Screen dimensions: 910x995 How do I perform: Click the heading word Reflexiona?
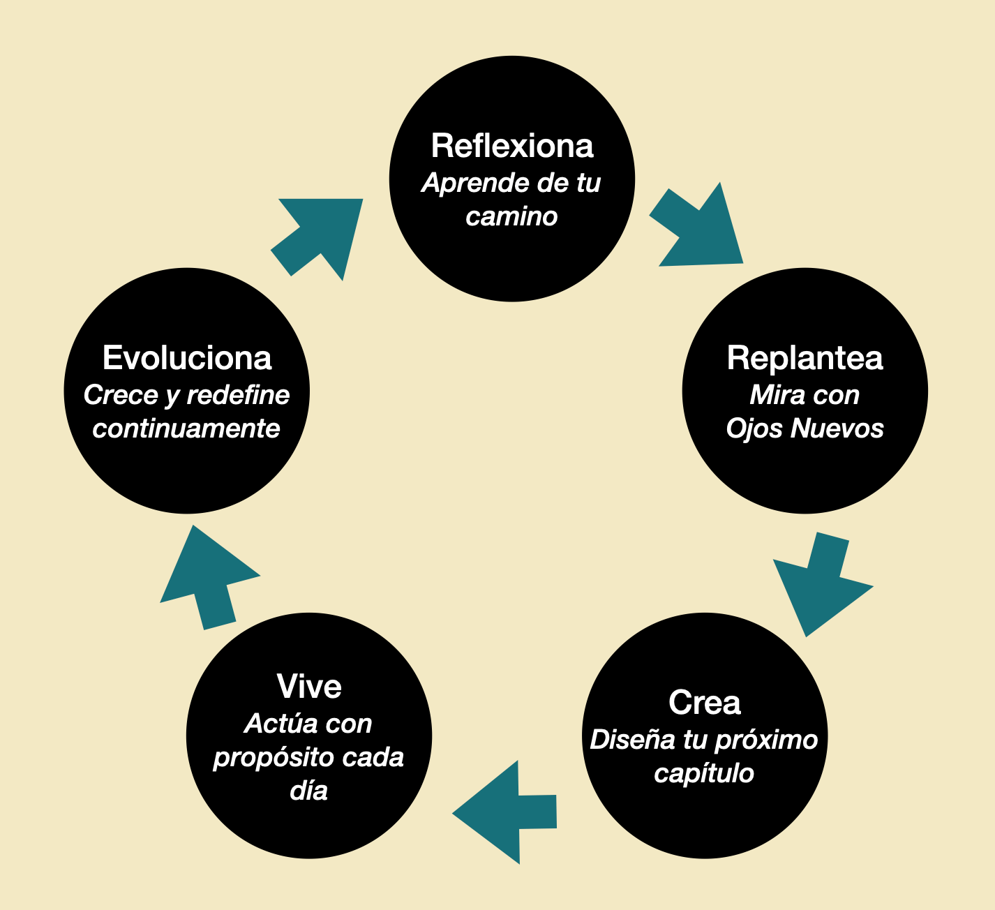pos(512,146)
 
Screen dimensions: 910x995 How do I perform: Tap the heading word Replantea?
pos(805,358)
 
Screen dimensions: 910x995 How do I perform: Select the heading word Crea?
pos(704,702)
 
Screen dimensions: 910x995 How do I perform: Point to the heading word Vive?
pos(309,687)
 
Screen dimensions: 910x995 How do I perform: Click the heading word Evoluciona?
pos(187,358)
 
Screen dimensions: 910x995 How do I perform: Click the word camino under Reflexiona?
pos(511,216)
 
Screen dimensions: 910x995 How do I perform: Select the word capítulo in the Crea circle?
pos(704,773)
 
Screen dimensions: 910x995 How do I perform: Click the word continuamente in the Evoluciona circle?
pos(186,428)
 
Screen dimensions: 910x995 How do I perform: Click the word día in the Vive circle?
pos(308,791)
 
